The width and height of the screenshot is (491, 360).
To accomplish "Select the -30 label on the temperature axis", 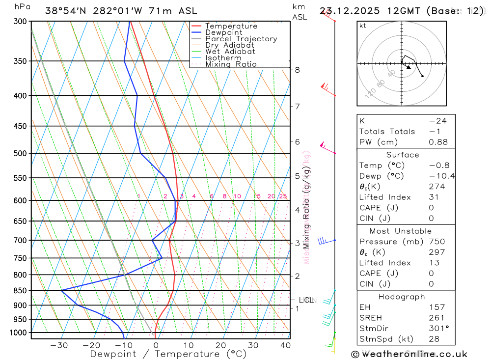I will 59,345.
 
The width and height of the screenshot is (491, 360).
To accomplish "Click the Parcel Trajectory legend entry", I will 241,39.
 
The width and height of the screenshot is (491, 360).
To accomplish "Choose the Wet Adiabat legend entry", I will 230,52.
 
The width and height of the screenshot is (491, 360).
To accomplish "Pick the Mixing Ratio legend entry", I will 231,64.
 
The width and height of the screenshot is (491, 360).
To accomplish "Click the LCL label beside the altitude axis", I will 306,300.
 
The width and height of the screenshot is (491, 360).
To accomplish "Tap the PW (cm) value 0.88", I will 438,142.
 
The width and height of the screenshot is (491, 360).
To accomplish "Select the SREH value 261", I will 436,318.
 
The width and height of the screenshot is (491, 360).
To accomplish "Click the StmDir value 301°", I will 438,329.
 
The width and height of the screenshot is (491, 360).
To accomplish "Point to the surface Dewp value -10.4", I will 441,176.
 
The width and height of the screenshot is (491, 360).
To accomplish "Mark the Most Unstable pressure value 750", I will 437,242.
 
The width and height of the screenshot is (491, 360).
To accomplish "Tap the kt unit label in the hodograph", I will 363,26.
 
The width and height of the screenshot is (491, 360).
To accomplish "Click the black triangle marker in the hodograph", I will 409,67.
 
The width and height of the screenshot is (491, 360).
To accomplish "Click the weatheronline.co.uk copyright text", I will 409,354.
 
